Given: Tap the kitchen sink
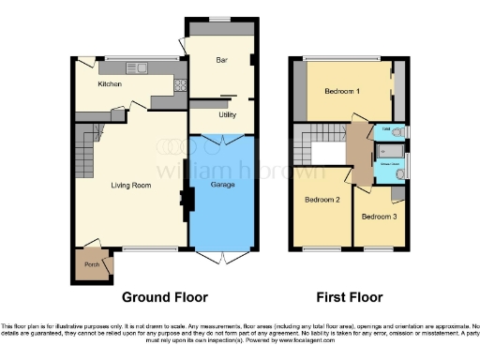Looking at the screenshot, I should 138,67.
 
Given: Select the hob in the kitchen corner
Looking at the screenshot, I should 177,86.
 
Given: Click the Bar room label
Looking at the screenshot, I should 222,60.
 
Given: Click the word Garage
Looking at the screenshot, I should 221,184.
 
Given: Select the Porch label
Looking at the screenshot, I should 92,264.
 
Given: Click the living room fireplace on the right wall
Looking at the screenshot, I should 186,198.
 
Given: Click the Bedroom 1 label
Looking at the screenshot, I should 342,91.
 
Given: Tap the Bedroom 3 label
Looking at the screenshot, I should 379,217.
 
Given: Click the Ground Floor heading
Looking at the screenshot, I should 164,297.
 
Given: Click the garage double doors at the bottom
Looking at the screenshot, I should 222,255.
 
